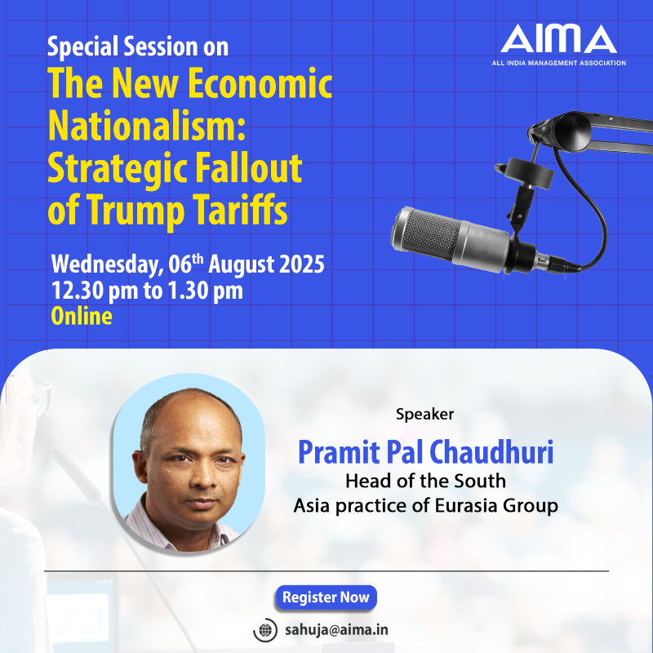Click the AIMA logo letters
point(558,38)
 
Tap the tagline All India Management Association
point(558,63)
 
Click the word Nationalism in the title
point(147,126)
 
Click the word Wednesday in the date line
point(108,264)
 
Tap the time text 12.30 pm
point(95,291)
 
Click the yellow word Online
point(82,316)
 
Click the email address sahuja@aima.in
point(336,629)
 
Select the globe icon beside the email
point(264,630)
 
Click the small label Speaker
point(424,415)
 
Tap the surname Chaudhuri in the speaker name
point(491,452)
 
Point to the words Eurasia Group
point(496,505)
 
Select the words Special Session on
point(138,47)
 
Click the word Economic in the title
point(260,83)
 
